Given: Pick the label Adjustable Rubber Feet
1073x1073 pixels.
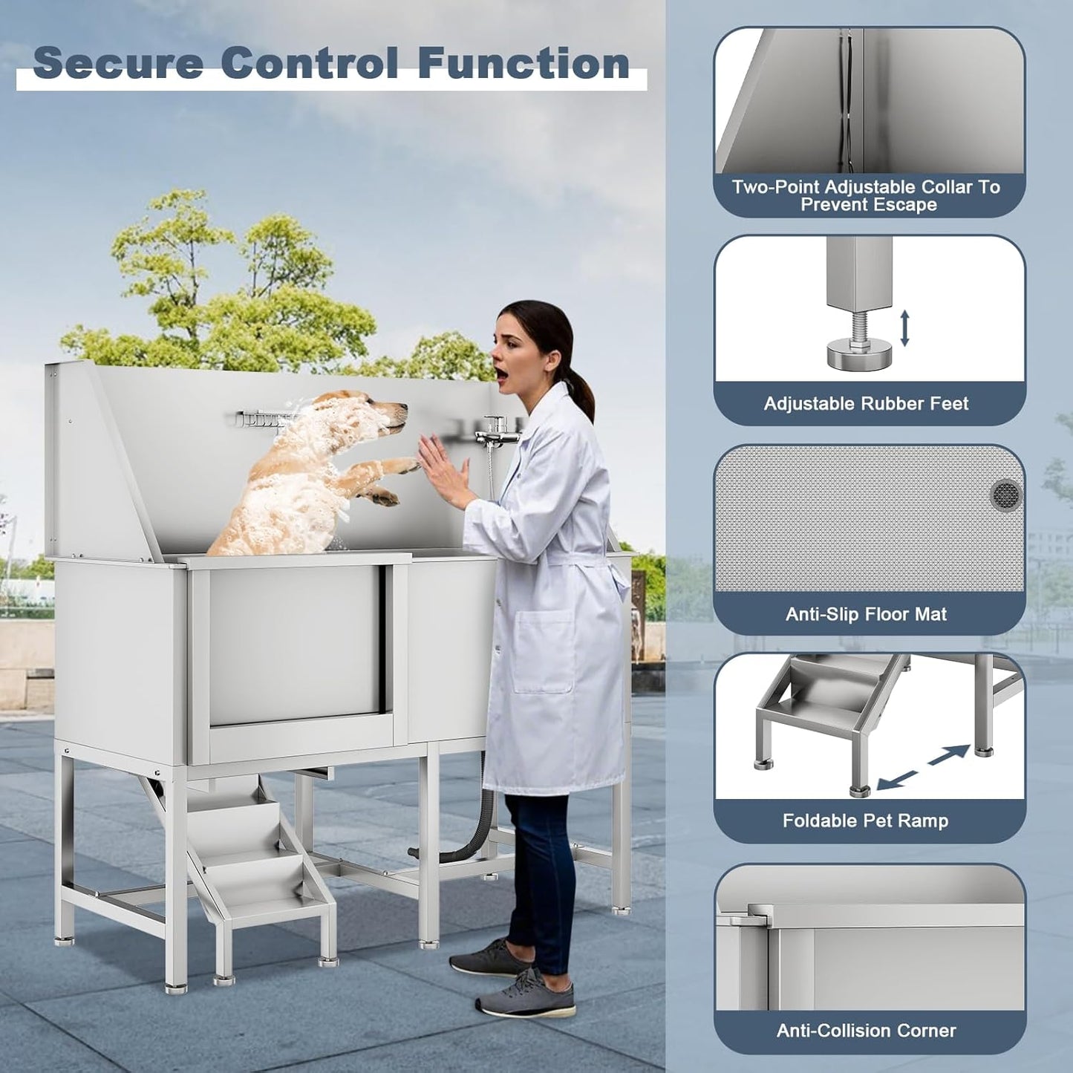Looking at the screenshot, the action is tap(866, 403).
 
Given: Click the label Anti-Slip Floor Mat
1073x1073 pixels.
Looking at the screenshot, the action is tap(866, 614).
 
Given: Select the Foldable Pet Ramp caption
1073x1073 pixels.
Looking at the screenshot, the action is tap(865, 821).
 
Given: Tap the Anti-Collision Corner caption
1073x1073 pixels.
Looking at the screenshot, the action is tap(866, 1031).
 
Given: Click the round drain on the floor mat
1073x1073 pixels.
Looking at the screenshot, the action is tap(1006, 493).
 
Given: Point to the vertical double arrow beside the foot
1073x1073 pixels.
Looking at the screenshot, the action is tap(905, 329).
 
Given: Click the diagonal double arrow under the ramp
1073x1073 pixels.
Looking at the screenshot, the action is tap(923, 768).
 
